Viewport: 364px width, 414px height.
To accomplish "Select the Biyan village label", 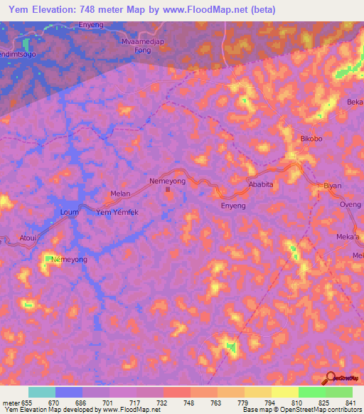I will pyautogui.click(x=333, y=186).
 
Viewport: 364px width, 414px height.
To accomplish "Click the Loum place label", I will pyautogui.click(x=69, y=212).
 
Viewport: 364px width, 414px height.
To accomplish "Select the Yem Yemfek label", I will pyautogui.click(x=117, y=212).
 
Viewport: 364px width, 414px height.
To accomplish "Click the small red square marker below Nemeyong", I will pyautogui.click(x=168, y=189).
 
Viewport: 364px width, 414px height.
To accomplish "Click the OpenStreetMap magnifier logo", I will pyautogui.click(x=330, y=378).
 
